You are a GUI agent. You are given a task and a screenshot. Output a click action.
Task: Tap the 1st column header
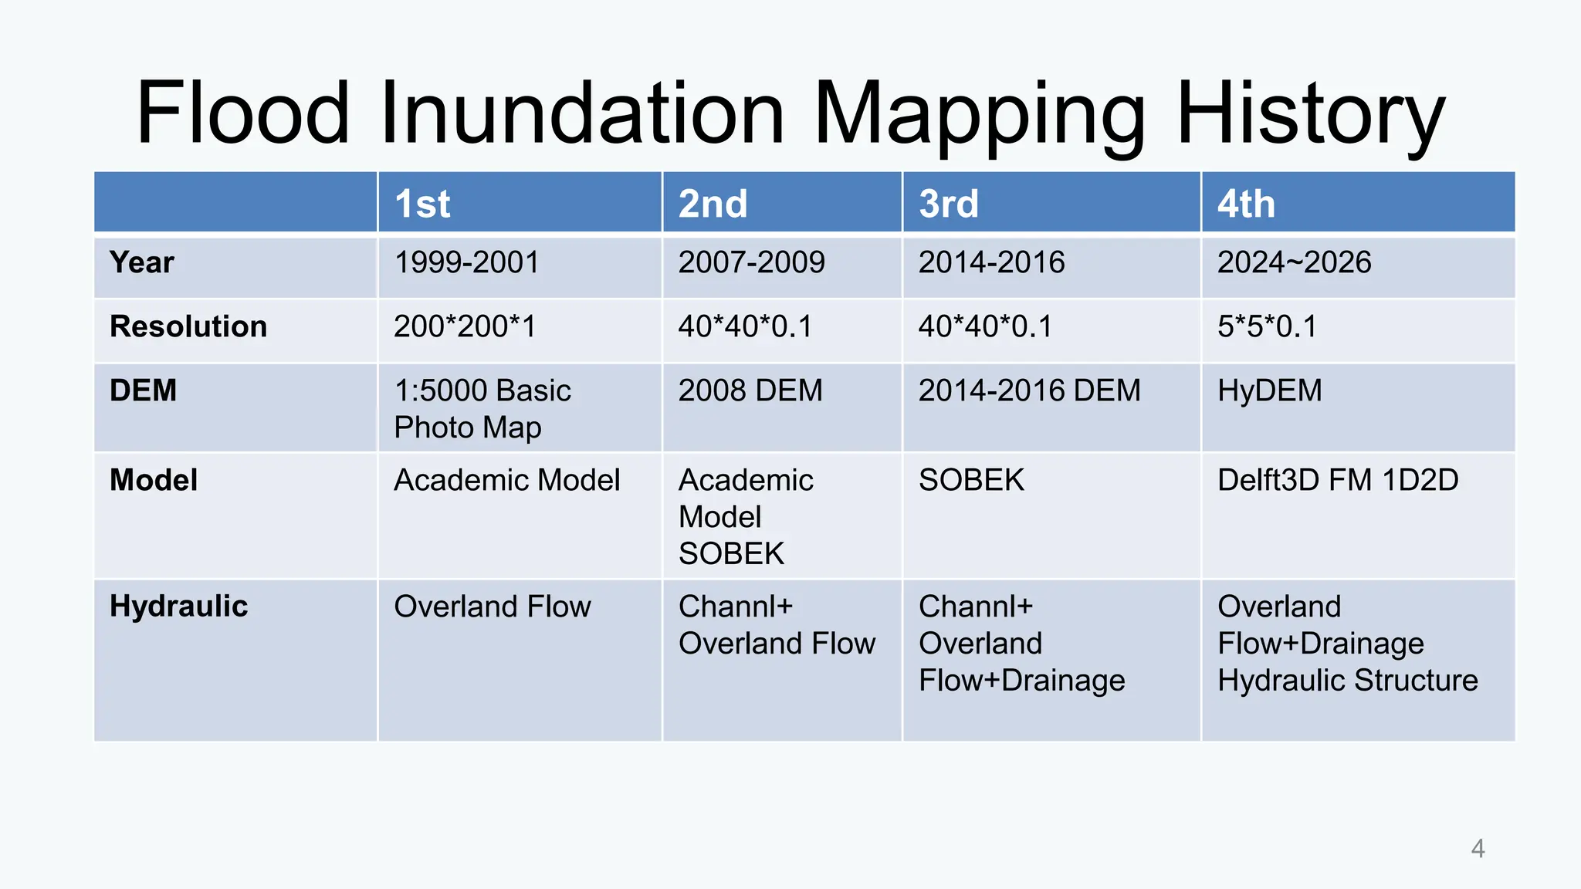click(x=422, y=204)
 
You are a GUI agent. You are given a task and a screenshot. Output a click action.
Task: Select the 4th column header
click(x=1246, y=204)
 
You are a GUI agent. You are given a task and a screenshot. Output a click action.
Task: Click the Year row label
click(x=142, y=262)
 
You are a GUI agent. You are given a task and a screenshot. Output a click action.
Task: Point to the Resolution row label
click(x=188, y=326)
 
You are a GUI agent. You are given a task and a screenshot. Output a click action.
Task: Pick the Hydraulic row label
click(x=179, y=607)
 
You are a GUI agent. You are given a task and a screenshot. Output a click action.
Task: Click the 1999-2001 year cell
click(x=467, y=262)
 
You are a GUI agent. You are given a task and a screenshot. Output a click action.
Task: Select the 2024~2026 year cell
click(x=1295, y=262)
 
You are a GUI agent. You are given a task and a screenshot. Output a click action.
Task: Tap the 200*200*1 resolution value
click(x=465, y=326)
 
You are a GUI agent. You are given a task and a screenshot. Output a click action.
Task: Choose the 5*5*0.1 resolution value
click(x=1268, y=326)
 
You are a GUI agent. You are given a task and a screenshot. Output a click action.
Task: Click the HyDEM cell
click(x=1270, y=390)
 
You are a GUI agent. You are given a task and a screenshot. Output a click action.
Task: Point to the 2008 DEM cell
click(x=750, y=390)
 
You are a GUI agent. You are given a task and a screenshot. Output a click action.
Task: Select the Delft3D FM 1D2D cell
click(x=1338, y=480)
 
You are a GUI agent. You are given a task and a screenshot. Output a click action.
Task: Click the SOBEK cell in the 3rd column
click(x=971, y=480)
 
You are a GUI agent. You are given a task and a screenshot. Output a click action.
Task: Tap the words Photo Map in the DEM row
click(x=468, y=428)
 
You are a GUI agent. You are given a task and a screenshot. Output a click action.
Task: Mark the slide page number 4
click(x=1478, y=849)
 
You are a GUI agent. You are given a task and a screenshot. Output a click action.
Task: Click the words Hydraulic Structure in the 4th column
click(x=1348, y=681)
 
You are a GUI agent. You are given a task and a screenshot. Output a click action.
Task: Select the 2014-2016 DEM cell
click(x=1029, y=390)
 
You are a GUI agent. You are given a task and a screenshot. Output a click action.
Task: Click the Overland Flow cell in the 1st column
click(x=493, y=607)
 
